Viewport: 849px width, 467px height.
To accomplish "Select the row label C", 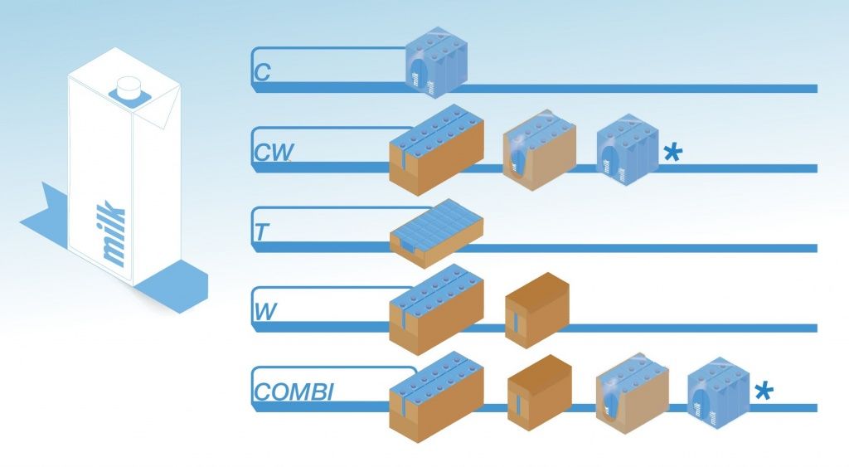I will pyautogui.click(x=262, y=73).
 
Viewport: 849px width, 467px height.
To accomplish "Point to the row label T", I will pyautogui.click(x=261, y=232).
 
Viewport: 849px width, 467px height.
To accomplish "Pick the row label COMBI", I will pyautogui.click(x=294, y=392).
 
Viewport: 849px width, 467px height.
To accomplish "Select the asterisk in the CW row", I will pyautogui.click(x=673, y=153).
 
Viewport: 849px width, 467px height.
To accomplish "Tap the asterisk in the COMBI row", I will pyautogui.click(x=764, y=390).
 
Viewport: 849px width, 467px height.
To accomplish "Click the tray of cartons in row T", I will pyautogui.click(x=436, y=232).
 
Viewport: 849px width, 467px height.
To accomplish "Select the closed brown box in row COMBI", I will pyautogui.click(x=539, y=392).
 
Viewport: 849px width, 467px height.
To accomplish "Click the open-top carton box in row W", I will pyautogui.click(x=436, y=309).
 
